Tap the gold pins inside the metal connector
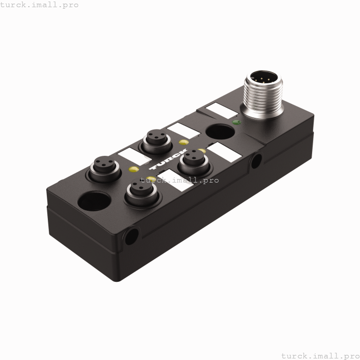pos(262,80)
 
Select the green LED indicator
pos(236,122)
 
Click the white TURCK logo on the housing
pos(169,160)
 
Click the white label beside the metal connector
pos(218,111)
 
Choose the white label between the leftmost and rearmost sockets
pos(131,155)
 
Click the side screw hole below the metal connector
pos(255,161)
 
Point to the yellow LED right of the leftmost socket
pos(133,170)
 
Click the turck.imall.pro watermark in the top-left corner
pos(40,5)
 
